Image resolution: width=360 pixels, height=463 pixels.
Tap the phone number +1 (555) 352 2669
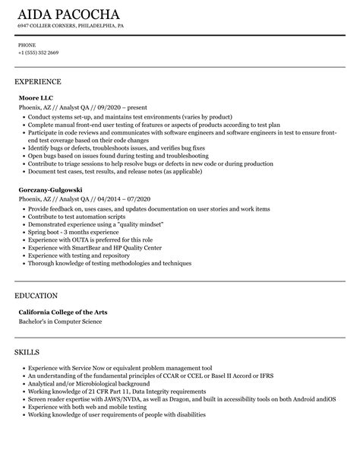39,53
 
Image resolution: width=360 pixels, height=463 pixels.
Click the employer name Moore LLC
36,98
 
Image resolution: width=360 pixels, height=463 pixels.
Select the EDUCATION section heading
37,295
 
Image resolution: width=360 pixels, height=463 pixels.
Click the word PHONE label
27,45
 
